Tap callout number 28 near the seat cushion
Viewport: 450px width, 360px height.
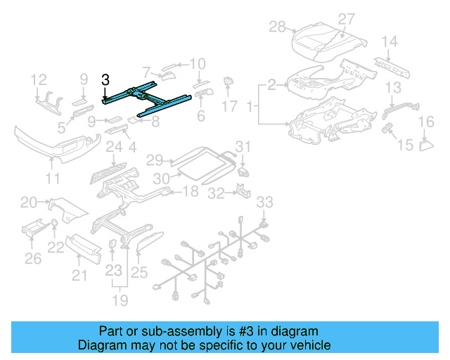[x=277, y=27]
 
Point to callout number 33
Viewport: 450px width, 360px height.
[x=264, y=203]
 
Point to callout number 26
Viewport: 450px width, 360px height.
[x=32, y=259]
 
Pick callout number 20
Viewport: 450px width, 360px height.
[x=28, y=203]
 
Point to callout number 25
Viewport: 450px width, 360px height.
[x=140, y=271]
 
